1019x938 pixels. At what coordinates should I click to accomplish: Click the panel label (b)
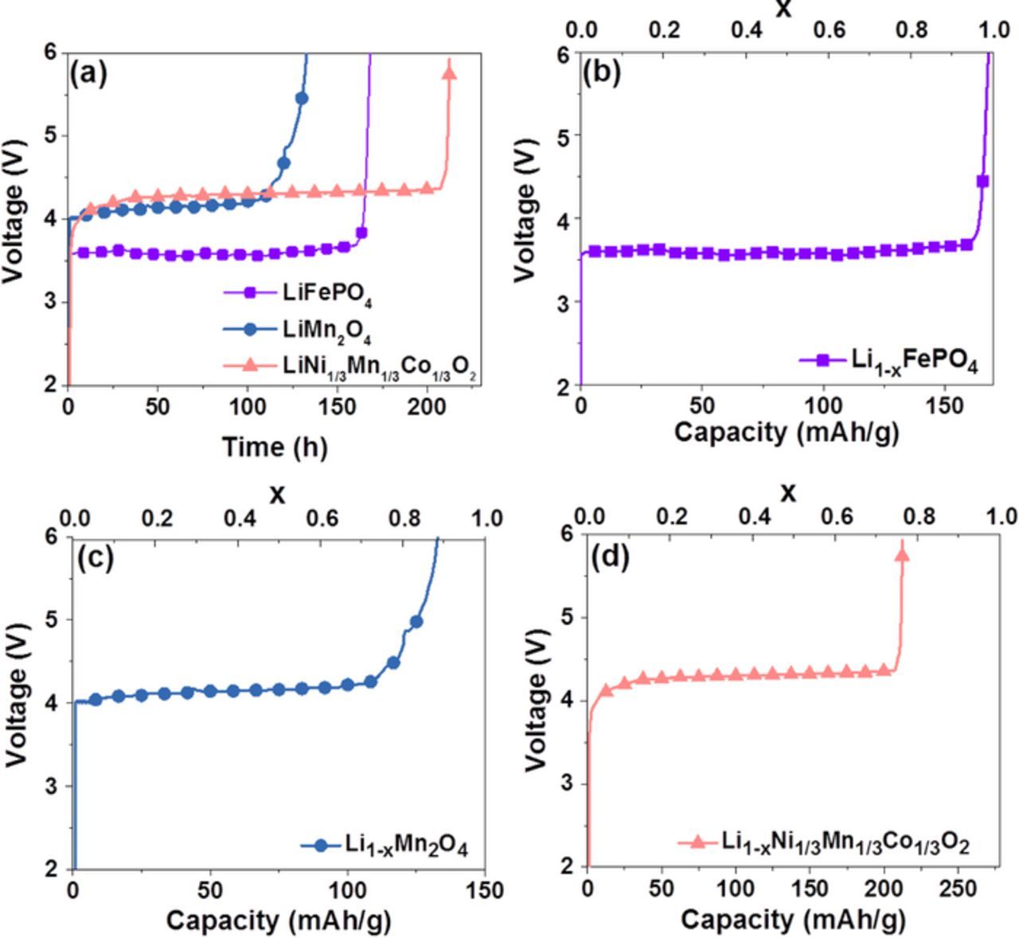click(x=602, y=72)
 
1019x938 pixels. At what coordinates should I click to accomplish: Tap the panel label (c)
click(x=95, y=557)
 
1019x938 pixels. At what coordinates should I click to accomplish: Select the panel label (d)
click(x=610, y=557)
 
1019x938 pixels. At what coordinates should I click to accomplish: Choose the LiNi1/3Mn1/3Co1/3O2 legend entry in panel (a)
click(x=379, y=365)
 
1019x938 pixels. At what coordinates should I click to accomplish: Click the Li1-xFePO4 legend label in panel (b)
click(x=914, y=360)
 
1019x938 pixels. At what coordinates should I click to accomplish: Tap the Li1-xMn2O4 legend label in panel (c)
click(x=406, y=846)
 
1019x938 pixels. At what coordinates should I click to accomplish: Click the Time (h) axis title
click(x=274, y=447)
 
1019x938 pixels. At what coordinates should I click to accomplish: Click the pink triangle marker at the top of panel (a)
click(x=449, y=73)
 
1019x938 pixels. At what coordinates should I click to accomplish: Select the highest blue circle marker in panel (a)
click(x=302, y=98)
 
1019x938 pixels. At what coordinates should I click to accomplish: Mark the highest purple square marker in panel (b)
click(x=982, y=182)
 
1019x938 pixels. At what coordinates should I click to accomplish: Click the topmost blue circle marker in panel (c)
click(x=416, y=622)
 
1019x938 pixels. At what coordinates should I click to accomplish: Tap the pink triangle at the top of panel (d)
click(x=902, y=555)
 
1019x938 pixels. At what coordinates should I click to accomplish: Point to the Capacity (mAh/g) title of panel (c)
click(x=279, y=920)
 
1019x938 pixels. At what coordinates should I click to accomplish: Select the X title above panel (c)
click(x=277, y=495)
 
